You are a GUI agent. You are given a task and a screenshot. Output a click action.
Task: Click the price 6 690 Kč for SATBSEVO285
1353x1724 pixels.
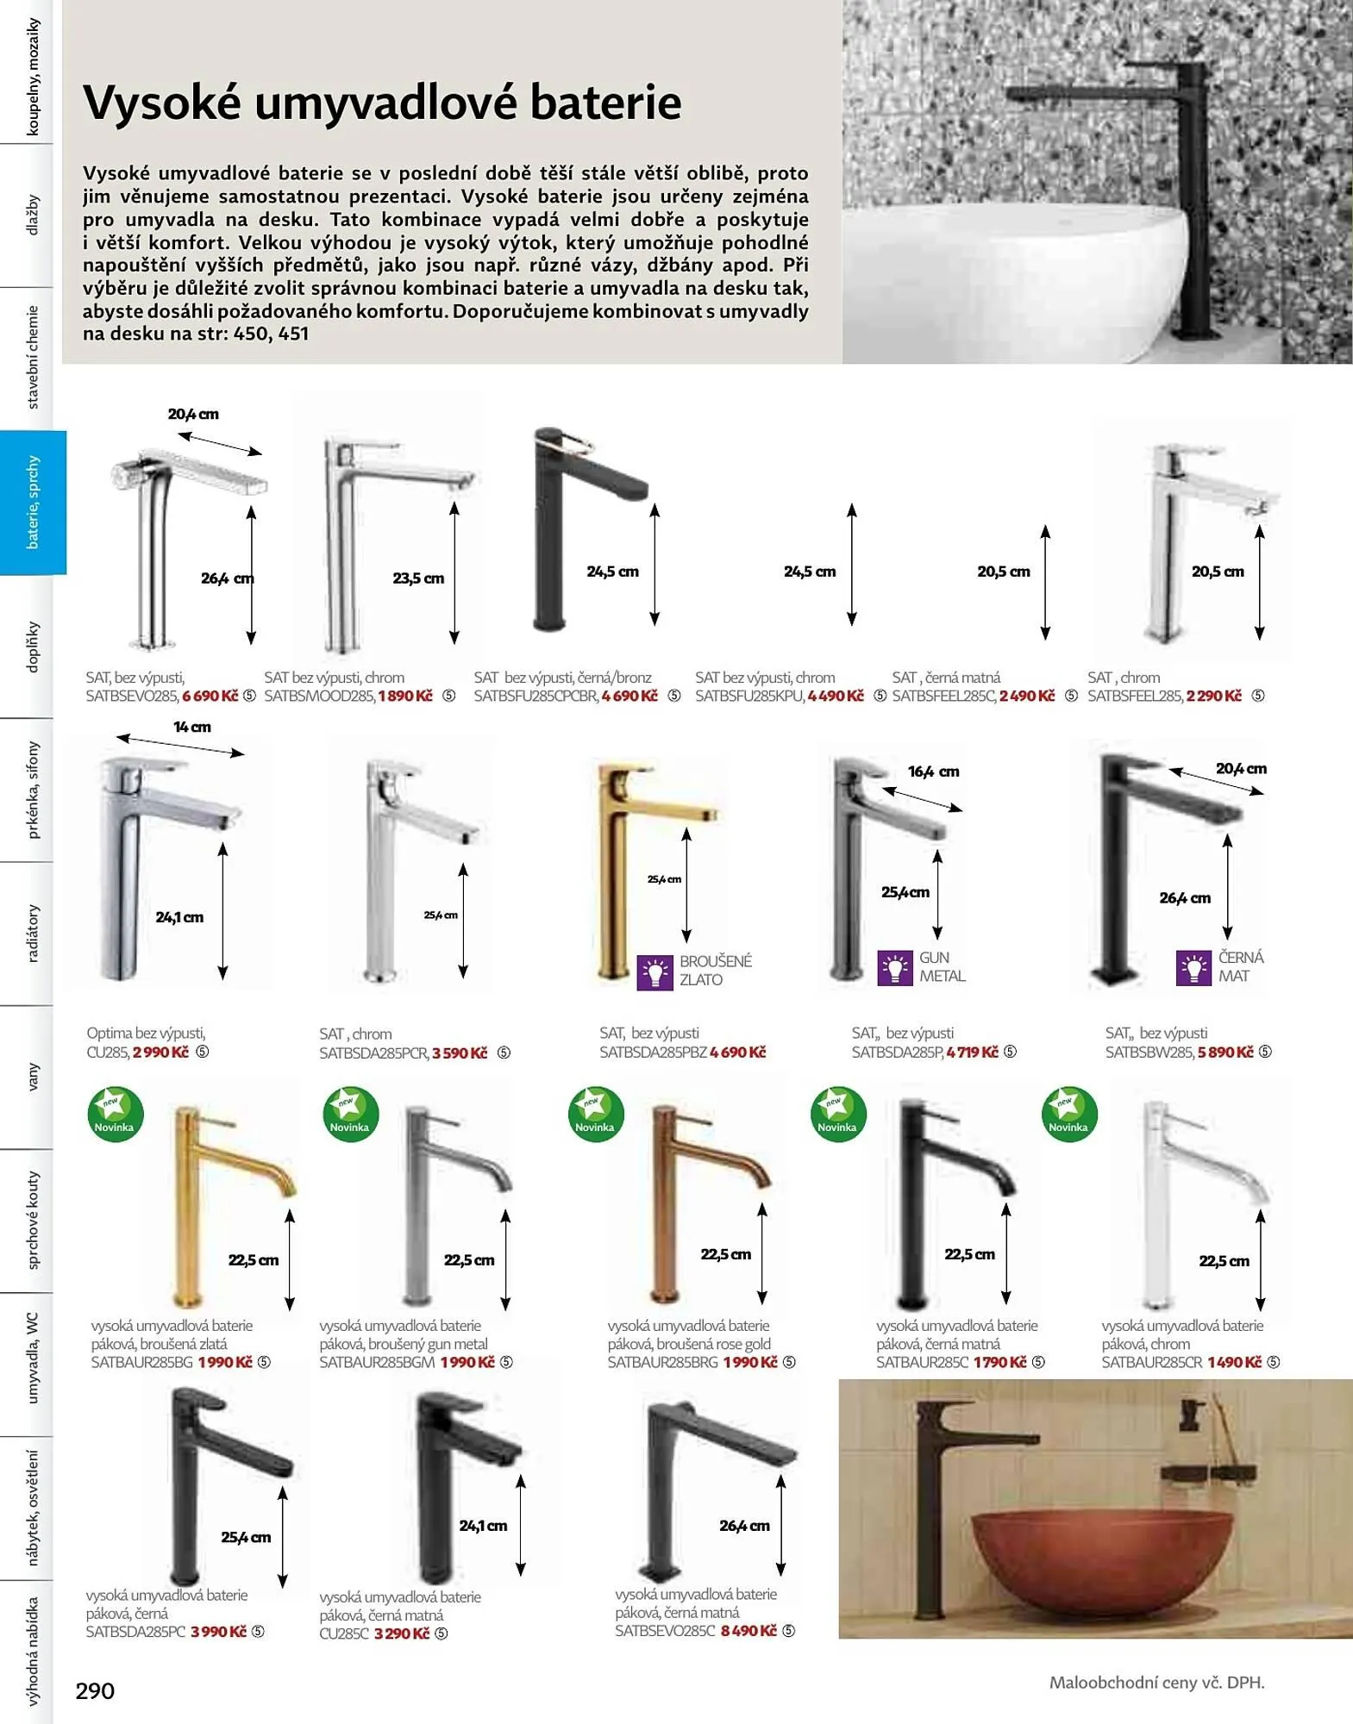[210, 696]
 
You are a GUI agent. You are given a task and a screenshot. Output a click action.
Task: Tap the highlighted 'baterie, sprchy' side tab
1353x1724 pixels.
[33, 503]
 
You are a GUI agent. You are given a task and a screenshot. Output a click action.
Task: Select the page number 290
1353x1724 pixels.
[95, 1691]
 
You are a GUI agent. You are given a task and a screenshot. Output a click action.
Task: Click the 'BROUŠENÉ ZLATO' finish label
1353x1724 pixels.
[715, 970]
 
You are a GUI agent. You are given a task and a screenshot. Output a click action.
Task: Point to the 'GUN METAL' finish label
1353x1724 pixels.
[942, 966]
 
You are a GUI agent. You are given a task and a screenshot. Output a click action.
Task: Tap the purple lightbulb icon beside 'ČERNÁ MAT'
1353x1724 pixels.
[1193, 968]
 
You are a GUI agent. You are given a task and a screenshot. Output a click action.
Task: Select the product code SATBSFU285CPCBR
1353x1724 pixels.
[535, 696]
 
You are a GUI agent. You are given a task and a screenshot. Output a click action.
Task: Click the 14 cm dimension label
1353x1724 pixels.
[191, 728]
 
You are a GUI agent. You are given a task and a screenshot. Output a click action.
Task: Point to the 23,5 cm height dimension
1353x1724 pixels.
[418, 578]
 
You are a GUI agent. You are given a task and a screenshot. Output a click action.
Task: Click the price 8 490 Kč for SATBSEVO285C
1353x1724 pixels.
[749, 1631]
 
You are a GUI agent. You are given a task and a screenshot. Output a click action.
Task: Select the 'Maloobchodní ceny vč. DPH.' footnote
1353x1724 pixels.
[1156, 1682]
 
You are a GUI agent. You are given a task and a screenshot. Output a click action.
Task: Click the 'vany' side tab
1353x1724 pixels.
[33, 1077]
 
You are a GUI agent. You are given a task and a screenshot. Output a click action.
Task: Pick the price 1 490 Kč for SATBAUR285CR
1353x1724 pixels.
[1234, 1362]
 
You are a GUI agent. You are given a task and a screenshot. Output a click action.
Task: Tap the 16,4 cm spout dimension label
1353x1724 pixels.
[933, 771]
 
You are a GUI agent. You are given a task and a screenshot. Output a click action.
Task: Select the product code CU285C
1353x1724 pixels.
[344, 1633]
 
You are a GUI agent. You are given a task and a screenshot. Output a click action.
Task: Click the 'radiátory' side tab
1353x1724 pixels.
[33, 933]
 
